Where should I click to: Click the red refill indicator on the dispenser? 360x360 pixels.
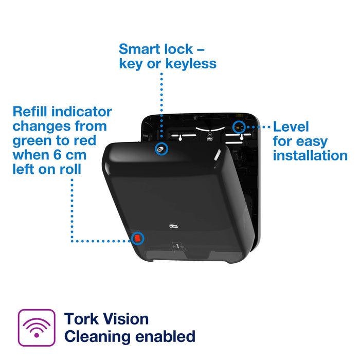(137, 239)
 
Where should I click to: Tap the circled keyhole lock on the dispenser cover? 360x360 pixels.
(162, 149)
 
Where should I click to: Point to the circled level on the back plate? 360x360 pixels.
(238, 127)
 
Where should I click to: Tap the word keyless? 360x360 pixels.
(188, 64)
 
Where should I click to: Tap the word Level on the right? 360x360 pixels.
(291, 127)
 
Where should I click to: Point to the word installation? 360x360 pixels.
(310, 155)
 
